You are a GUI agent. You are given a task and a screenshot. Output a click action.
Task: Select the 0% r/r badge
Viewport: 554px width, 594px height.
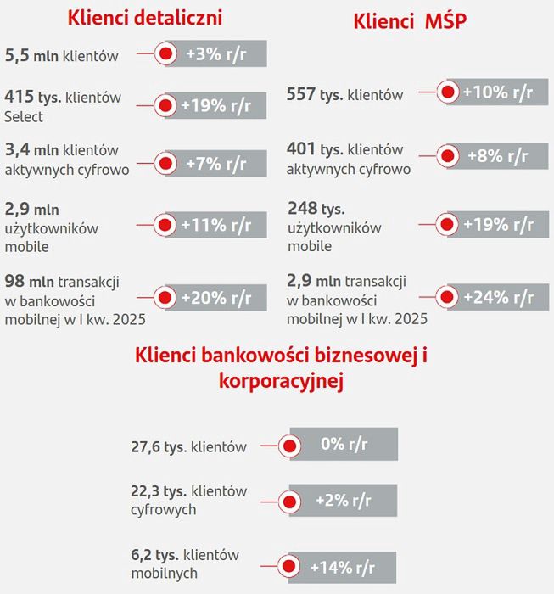click(343, 444)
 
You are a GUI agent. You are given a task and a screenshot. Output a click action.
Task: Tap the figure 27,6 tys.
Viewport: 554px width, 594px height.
click(159, 446)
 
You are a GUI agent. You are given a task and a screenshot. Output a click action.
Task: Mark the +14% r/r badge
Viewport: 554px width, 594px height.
click(343, 567)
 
